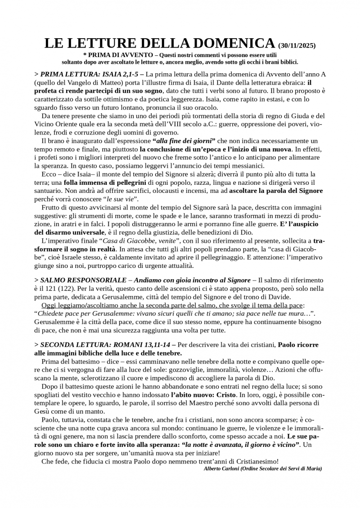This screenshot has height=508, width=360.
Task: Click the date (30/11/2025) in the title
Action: pos(297,46)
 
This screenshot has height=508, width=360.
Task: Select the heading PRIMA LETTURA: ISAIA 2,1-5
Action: pos(88,74)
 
